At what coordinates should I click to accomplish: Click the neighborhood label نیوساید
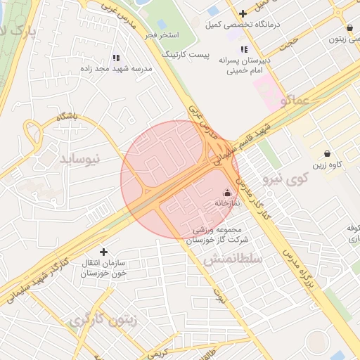(x=80, y=158)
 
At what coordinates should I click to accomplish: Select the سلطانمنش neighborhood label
(x=233, y=259)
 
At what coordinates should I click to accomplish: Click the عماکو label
(x=295, y=101)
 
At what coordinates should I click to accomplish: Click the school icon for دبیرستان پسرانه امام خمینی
(x=244, y=49)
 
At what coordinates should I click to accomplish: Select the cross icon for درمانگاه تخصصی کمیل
(x=243, y=13)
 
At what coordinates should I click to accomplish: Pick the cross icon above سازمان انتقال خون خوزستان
(x=104, y=251)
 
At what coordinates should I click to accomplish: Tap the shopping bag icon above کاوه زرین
(x=327, y=153)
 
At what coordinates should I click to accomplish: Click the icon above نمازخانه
(x=226, y=192)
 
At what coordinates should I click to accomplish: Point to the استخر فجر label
(x=162, y=34)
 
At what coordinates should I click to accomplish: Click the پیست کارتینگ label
(x=186, y=54)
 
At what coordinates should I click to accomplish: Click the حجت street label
(x=289, y=43)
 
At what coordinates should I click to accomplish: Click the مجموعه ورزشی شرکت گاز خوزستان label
(x=214, y=234)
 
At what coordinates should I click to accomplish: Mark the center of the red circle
(x=179, y=179)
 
